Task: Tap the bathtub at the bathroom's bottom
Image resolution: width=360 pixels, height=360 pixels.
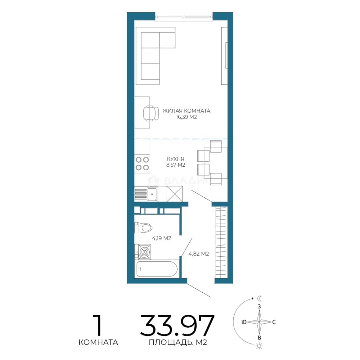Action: [157, 269]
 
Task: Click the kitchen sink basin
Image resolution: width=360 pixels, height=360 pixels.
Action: [152, 194]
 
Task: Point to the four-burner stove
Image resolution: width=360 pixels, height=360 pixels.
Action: [142, 163]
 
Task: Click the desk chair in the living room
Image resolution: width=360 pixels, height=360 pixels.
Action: [151, 113]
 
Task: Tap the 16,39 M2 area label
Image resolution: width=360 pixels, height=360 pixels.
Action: [186, 117]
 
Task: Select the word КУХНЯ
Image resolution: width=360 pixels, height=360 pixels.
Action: [176, 159]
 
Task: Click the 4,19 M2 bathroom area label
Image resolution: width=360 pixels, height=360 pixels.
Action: [162, 238]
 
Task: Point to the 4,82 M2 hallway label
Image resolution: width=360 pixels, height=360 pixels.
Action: [199, 254]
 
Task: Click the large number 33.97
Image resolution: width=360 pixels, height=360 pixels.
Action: [177, 326]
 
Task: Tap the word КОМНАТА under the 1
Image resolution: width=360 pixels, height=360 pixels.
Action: [98, 342]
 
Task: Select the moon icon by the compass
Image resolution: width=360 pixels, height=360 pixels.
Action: [259, 298]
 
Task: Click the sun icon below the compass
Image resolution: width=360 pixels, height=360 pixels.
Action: [259, 346]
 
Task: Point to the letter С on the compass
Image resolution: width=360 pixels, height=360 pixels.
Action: [274, 322]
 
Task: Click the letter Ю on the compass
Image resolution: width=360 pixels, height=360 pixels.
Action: [244, 322]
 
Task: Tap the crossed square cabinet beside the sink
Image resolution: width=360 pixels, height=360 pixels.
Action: [174, 194]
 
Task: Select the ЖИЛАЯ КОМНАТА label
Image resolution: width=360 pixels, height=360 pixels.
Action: [186, 111]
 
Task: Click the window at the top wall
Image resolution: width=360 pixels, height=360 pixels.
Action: [184, 17]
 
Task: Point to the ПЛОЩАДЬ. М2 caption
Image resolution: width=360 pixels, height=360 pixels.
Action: [178, 342]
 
